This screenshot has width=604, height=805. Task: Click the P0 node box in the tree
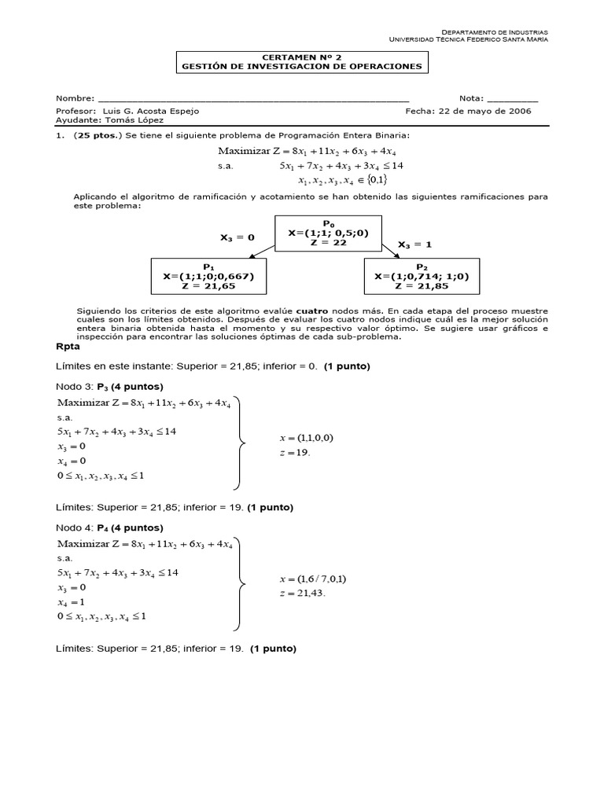click(329, 233)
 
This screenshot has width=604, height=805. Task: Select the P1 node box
click(208, 276)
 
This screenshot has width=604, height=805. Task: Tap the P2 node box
click(422, 276)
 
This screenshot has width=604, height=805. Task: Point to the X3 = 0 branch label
click(238, 237)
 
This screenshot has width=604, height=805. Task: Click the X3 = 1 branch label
click(414, 244)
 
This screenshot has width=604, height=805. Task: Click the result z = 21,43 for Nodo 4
click(302, 593)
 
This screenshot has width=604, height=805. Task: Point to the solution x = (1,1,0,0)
click(307, 437)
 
